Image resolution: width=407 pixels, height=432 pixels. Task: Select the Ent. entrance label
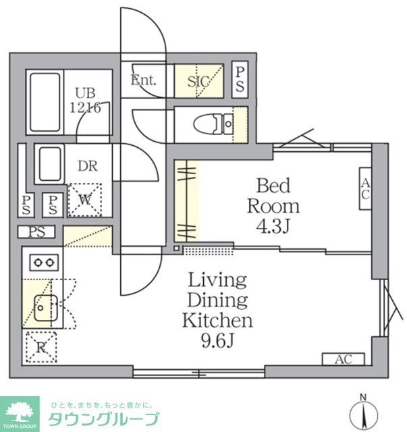[143, 80]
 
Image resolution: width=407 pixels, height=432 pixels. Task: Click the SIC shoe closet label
[199, 81]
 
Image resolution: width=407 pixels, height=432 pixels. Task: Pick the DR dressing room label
[84, 166]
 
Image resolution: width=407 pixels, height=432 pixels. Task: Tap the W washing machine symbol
[84, 199]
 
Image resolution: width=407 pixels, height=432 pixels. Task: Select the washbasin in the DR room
[49, 163]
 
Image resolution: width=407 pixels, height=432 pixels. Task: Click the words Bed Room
[273, 194]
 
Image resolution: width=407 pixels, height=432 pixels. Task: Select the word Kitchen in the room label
[217, 319]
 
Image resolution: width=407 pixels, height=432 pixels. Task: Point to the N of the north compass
[362, 397]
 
